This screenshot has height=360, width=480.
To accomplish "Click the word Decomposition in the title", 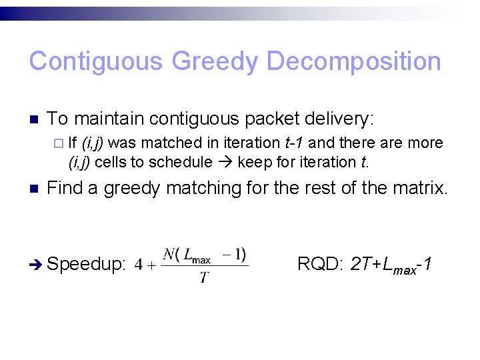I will point(353,61).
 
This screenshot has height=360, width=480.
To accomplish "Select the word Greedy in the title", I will point(215,61).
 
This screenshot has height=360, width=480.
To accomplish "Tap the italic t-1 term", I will point(295,143).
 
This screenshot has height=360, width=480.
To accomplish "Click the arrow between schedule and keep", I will point(225,162).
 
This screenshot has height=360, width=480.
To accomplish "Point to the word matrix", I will point(421,189).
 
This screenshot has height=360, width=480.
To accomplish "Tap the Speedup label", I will point(87,265).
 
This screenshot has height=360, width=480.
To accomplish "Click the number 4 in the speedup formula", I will point(138,265).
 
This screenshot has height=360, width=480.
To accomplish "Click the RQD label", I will point(319,264).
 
